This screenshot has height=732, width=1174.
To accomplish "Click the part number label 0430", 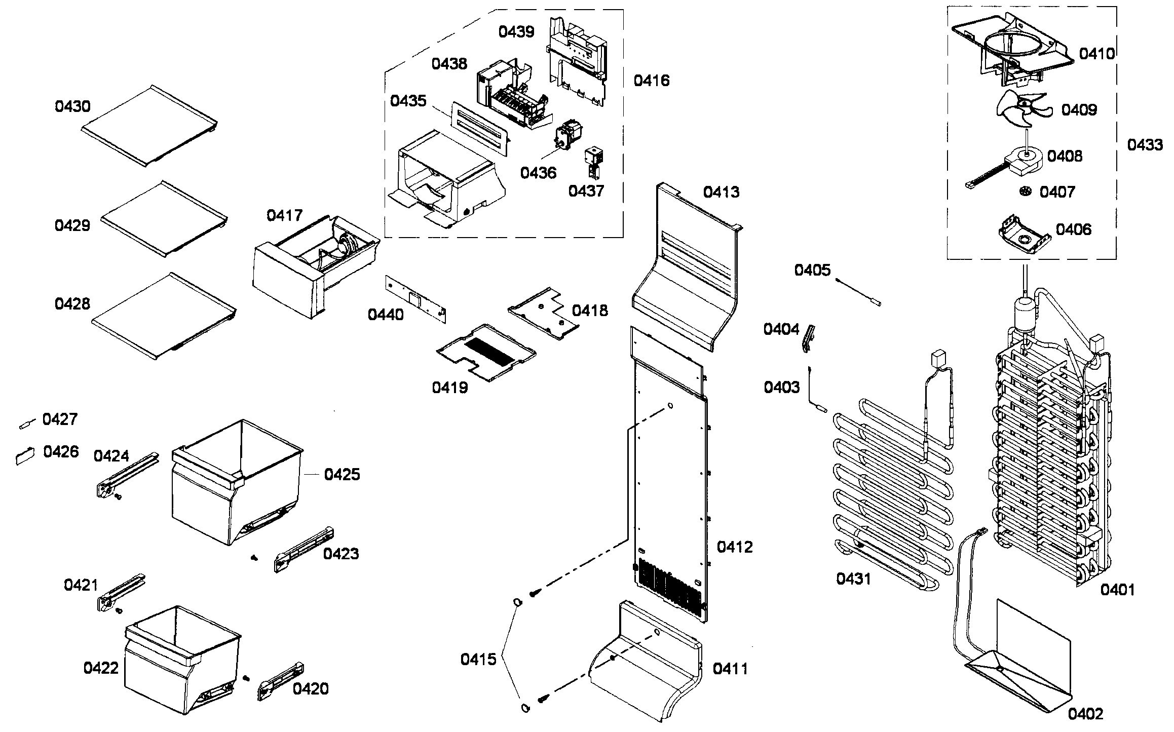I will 72,106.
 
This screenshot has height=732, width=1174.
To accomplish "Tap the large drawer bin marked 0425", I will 236,486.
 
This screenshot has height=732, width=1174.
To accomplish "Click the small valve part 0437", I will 592,162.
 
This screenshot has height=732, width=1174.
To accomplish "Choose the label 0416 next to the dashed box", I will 652,81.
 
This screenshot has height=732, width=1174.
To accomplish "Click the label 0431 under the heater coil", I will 853,578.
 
